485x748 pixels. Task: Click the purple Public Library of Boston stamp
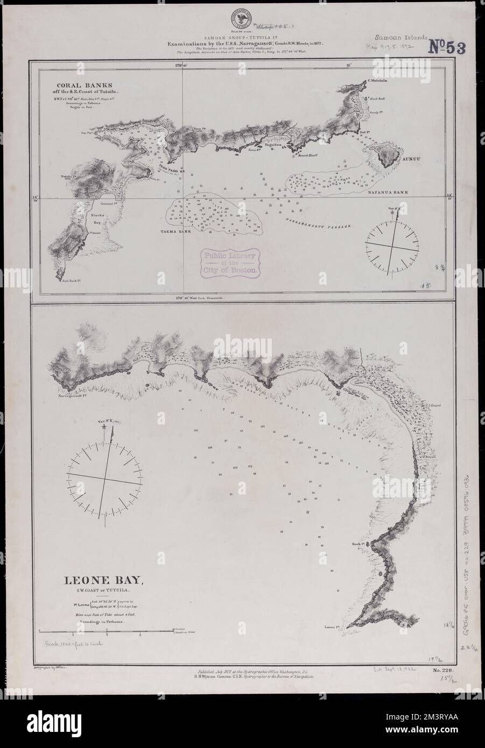229,260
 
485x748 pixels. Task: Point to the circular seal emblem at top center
242,13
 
